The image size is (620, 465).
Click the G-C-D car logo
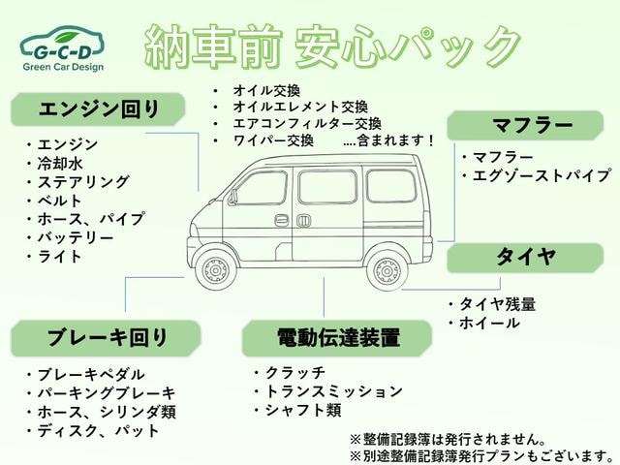tap(63, 48)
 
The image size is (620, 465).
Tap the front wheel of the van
tap(215, 270)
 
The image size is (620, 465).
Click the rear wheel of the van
tap(387, 271)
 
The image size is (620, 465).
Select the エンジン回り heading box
tap(98, 109)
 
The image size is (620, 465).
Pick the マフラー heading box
tap(525, 125)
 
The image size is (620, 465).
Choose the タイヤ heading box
tap(525, 258)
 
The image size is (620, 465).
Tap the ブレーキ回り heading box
tap(106, 338)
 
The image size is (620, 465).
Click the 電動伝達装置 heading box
tap(337, 338)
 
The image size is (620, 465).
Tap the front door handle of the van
tap(281, 220)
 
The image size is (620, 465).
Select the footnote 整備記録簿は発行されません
tap(448, 439)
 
